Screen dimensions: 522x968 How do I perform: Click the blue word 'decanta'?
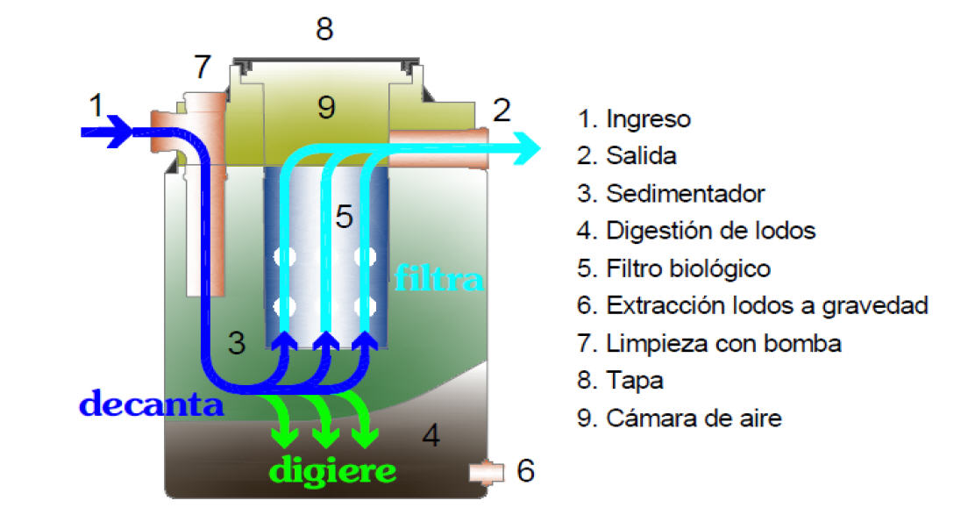point(151,404)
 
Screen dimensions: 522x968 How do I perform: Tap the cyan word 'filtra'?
point(438,278)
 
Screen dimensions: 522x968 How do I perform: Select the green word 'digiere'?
point(332,470)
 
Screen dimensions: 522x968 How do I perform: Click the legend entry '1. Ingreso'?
point(635,118)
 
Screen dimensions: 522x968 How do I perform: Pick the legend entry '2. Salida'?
point(628,156)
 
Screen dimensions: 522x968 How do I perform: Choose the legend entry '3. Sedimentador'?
point(672,193)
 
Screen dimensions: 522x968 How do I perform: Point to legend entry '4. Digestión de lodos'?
point(697,231)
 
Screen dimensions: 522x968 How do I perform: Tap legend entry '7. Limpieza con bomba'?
point(709,343)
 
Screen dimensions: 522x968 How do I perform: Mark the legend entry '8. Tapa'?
point(621,381)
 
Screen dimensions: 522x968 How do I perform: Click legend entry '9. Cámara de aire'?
point(680,418)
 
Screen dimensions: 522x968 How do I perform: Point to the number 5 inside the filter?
point(345,217)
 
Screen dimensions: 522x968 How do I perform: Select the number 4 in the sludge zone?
point(431,435)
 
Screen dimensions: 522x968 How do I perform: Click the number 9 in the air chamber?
point(326,107)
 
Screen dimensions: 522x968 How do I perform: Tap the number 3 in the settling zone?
point(236,343)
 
